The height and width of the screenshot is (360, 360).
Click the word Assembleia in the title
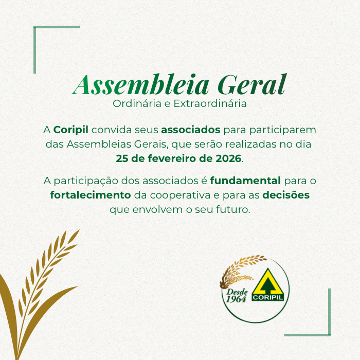click(140, 84)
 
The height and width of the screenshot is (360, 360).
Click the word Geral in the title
click(252, 84)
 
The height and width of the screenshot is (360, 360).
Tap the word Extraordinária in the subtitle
click(210, 103)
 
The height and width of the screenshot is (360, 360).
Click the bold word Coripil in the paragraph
click(71, 130)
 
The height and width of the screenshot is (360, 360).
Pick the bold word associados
click(191, 130)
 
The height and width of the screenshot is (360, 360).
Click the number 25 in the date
click(122, 158)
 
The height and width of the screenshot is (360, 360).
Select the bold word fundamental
click(245, 181)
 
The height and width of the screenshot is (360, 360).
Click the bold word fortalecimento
click(91, 195)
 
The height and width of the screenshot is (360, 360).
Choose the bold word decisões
click(286, 195)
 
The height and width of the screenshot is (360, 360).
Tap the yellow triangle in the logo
click(268, 285)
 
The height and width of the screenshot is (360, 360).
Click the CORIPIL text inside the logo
click(268, 298)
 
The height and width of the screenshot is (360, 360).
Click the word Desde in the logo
click(237, 292)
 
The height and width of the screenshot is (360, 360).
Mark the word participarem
click(283, 130)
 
